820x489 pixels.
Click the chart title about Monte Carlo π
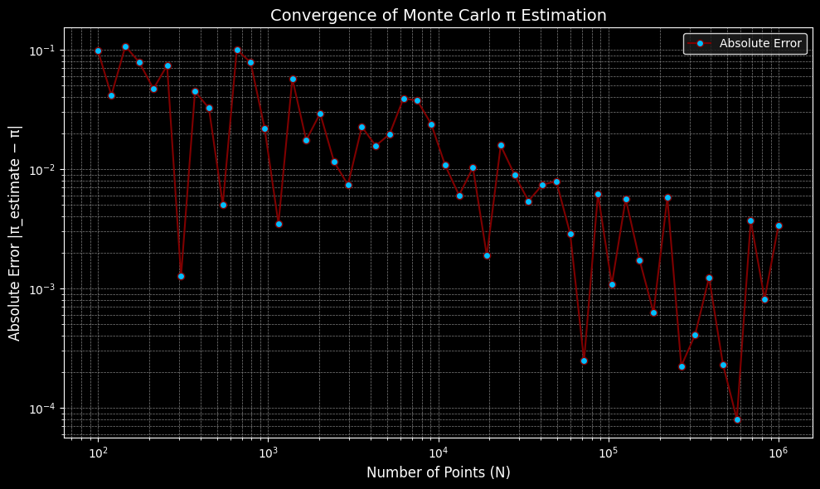pyautogui.click(x=438, y=16)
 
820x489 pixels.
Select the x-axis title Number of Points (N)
pyautogui.click(x=438, y=472)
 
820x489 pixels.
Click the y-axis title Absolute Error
pyautogui.click(x=15, y=233)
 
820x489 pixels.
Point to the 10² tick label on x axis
pyautogui.click(x=98, y=453)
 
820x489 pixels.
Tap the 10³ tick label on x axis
pyautogui.click(x=268, y=453)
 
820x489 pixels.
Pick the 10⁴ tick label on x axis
pyautogui.click(x=438, y=453)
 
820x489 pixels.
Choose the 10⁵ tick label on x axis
pyautogui.click(x=608, y=453)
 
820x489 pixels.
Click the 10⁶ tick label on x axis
pyautogui.click(x=778, y=453)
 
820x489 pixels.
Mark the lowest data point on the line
pyautogui.click(x=737, y=419)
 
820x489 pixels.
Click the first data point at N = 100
pyautogui.click(x=98, y=51)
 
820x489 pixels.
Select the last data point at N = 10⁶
pyautogui.click(x=779, y=225)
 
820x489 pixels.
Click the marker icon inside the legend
pyautogui.click(x=701, y=43)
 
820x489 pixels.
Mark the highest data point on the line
pyautogui.click(x=125, y=46)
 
